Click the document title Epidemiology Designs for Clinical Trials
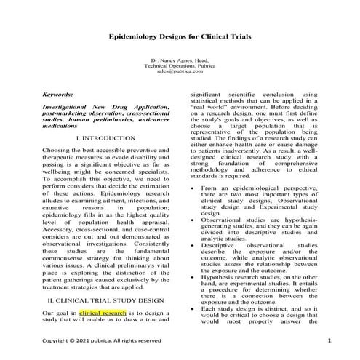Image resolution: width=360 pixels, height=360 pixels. click(x=180, y=34)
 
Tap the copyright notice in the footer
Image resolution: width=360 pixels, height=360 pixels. click(x=101, y=340)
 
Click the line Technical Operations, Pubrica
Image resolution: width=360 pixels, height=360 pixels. click(x=179, y=65)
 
